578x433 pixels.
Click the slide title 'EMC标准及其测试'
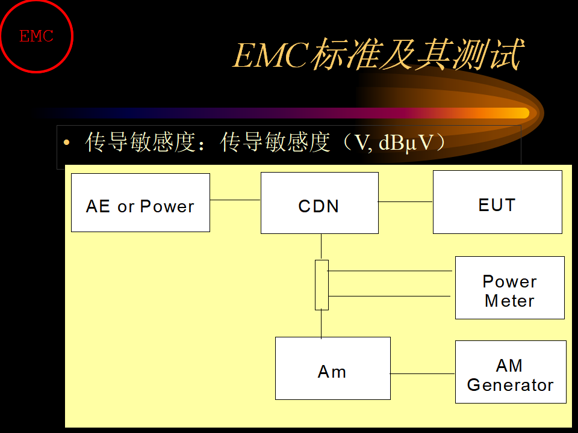379,55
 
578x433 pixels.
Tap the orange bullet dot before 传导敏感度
66,143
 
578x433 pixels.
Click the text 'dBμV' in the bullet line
405,143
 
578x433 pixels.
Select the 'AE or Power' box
140,203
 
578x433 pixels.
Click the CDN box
320,203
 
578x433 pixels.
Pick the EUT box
497,202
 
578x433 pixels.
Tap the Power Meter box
510,287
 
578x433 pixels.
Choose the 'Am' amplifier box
333,368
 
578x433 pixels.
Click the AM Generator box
511,372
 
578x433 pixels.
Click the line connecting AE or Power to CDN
235,200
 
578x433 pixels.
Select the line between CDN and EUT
405,202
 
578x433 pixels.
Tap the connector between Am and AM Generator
423,373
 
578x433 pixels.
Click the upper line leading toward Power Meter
390,271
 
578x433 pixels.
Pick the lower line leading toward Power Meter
390,296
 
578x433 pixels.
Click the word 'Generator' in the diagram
510,385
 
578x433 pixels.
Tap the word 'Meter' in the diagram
509,301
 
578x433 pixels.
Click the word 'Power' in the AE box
167,206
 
